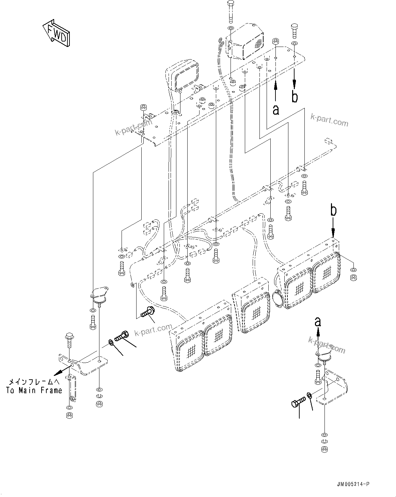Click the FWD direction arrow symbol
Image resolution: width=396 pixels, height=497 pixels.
(57, 33)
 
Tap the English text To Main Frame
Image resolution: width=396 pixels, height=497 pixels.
(34, 391)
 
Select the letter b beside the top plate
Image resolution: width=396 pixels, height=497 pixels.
(295, 96)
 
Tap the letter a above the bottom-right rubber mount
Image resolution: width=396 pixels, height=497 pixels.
(318, 321)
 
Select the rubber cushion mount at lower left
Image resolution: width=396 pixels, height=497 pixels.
(99, 294)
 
